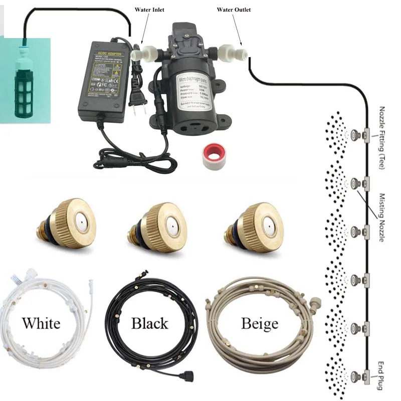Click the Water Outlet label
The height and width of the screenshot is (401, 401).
234,10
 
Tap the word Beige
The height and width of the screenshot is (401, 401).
259,323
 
